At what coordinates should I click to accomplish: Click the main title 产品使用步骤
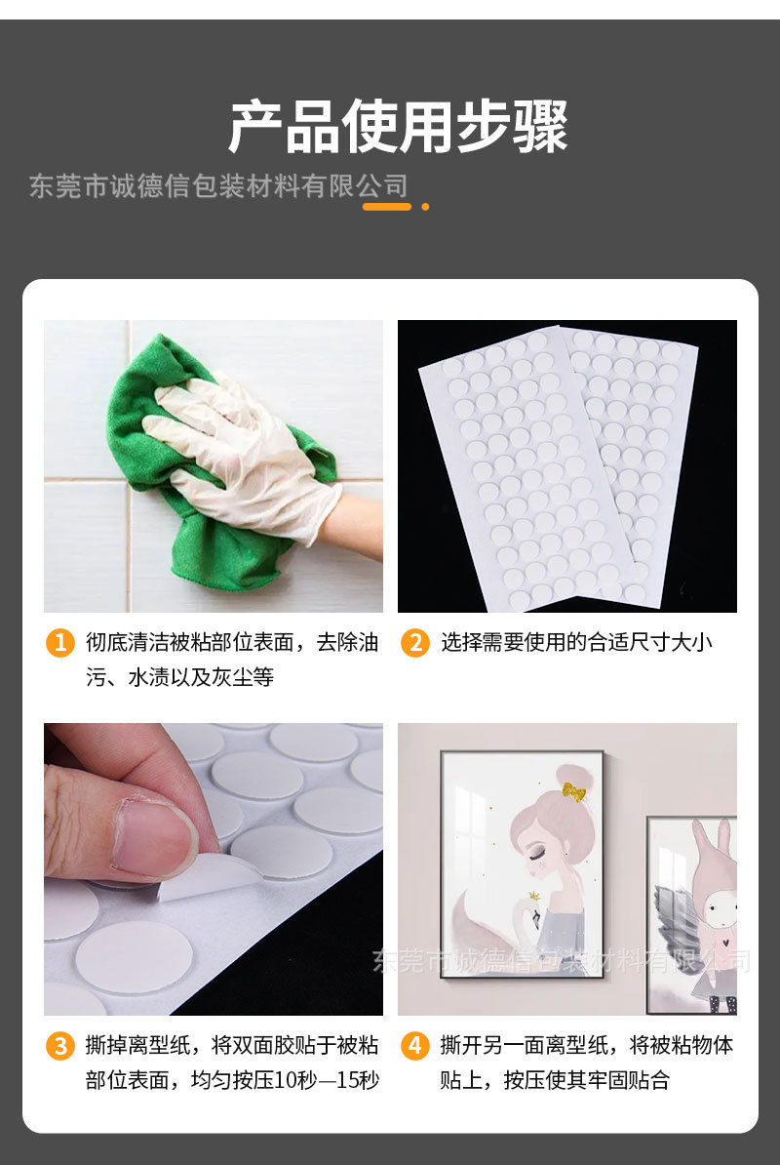pos(398,126)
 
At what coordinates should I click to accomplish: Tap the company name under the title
pos(218,185)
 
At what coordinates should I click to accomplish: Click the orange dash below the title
pos(386,207)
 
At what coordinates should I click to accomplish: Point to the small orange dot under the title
pos(425,207)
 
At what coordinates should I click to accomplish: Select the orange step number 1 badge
pos(60,643)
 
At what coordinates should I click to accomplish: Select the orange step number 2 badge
pos(414,643)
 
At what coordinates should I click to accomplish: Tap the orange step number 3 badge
pos(60,1046)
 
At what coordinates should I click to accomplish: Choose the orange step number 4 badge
pos(414,1046)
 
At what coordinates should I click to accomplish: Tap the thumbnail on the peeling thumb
pos(151,834)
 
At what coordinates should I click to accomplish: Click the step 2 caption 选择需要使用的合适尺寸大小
pos(575,643)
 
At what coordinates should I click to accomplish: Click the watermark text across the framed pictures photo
pos(561,961)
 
